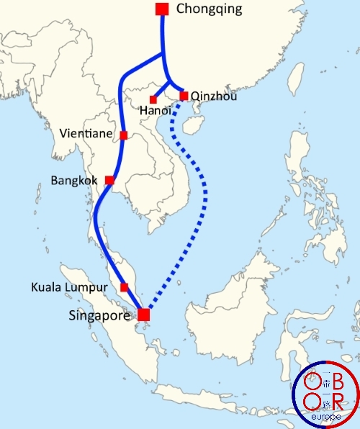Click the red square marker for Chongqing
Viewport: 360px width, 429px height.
(162, 9)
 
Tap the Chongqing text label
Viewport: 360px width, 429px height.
(209, 9)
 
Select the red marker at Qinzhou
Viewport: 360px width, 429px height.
(184, 96)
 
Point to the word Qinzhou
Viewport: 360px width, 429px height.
(214, 96)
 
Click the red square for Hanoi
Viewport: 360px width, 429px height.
(153, 99)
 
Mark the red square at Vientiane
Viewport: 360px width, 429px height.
(124, 135)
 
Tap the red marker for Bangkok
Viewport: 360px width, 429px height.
(109, 180)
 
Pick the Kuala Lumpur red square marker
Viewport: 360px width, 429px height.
(124, 287)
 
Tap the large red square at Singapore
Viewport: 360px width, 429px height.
(144, 315)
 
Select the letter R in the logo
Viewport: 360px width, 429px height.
(339, 402)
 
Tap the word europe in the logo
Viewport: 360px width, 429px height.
(325, 417)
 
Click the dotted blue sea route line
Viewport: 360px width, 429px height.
(205, 194)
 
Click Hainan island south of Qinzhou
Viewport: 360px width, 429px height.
(191, 126)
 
